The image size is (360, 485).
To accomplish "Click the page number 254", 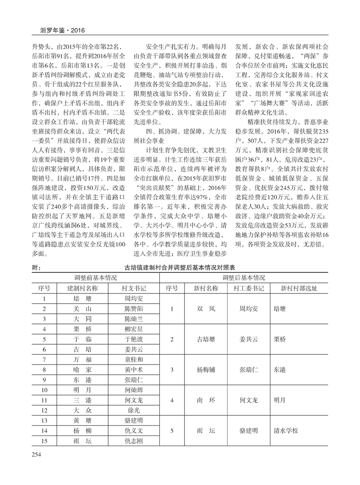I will [x=36, y=455].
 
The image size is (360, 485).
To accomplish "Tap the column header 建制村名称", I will [x=82, y=288].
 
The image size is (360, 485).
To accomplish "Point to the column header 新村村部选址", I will [x=299, y=288].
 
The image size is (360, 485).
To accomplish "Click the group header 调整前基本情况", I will [x=95, y=278].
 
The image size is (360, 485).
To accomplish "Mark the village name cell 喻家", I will [x=82, y=370].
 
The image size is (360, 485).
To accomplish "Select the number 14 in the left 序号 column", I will [x=44, y=431].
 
